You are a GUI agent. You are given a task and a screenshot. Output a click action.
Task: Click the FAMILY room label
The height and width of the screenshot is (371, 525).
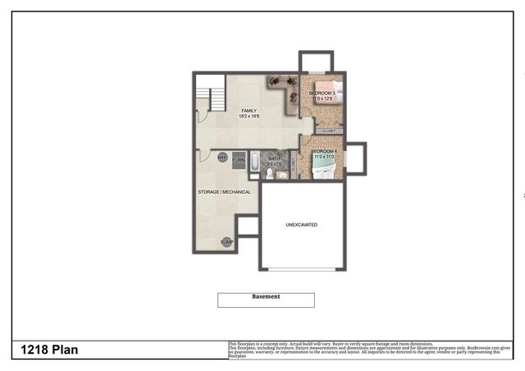pyautogui.click(x=249, y=110)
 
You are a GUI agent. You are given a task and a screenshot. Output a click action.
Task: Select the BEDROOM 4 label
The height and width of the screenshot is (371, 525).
pyautogui.click(x=324, y=152)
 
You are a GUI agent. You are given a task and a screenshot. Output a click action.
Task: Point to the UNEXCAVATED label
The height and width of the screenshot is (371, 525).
pyautogui.click(x=301, y=224)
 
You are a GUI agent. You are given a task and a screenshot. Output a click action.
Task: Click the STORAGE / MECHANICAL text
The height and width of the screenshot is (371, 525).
pyautogui.click(x=224, y=192)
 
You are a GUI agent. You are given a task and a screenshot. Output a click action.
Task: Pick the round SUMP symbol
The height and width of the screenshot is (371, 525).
pyautogui.click(x=226, y=242)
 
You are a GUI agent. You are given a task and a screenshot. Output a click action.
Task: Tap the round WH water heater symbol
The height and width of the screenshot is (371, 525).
pyautogui.click(x=222, y=158)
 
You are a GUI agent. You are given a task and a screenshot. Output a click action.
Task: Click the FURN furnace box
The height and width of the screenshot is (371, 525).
pyautogui.click(x=239, y=160)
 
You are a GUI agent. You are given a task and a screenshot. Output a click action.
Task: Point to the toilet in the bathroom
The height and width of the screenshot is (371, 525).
pyautogui.click(x=269, y=173)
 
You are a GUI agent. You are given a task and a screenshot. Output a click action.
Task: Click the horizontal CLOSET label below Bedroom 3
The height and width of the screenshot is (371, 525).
pyautogui.click(x=328, y=131)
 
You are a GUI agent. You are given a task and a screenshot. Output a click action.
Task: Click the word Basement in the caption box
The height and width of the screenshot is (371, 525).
pyautogui.click(x=266, y=296)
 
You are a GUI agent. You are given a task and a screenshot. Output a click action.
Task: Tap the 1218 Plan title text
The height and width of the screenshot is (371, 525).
pyautogui.click(x=50, y=350)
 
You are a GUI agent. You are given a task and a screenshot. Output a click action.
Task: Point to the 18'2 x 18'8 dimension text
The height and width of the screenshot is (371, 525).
pyautogui.click(x=249, y=117)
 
